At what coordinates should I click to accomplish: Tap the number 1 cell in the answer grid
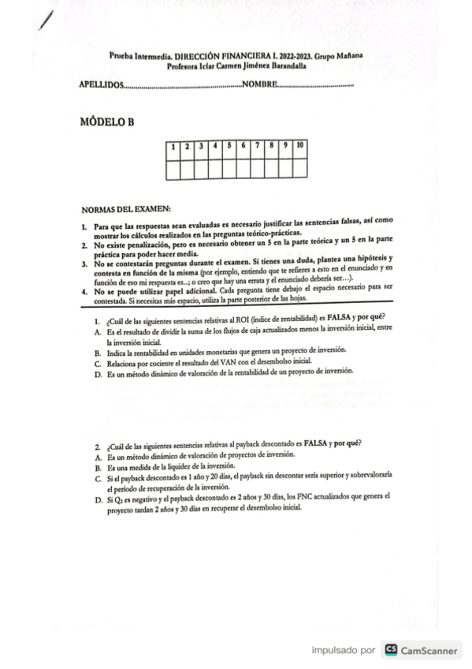pyautogui.click(x=173, y=146)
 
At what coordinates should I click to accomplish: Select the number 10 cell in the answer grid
pyautogui.click(x=300, y=146)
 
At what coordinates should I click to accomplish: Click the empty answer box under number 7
pyautogui.click(x=258, y=167)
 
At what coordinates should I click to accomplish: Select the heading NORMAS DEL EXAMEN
pyautogui.click(x=125, y=209)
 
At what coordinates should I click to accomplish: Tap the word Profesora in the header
pyautogui.click(x=184, y=66)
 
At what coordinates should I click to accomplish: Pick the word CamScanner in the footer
pyautogui.click(x=429, y=650)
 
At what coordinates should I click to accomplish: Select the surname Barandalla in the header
pyautogui.click(x=286, y=66)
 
